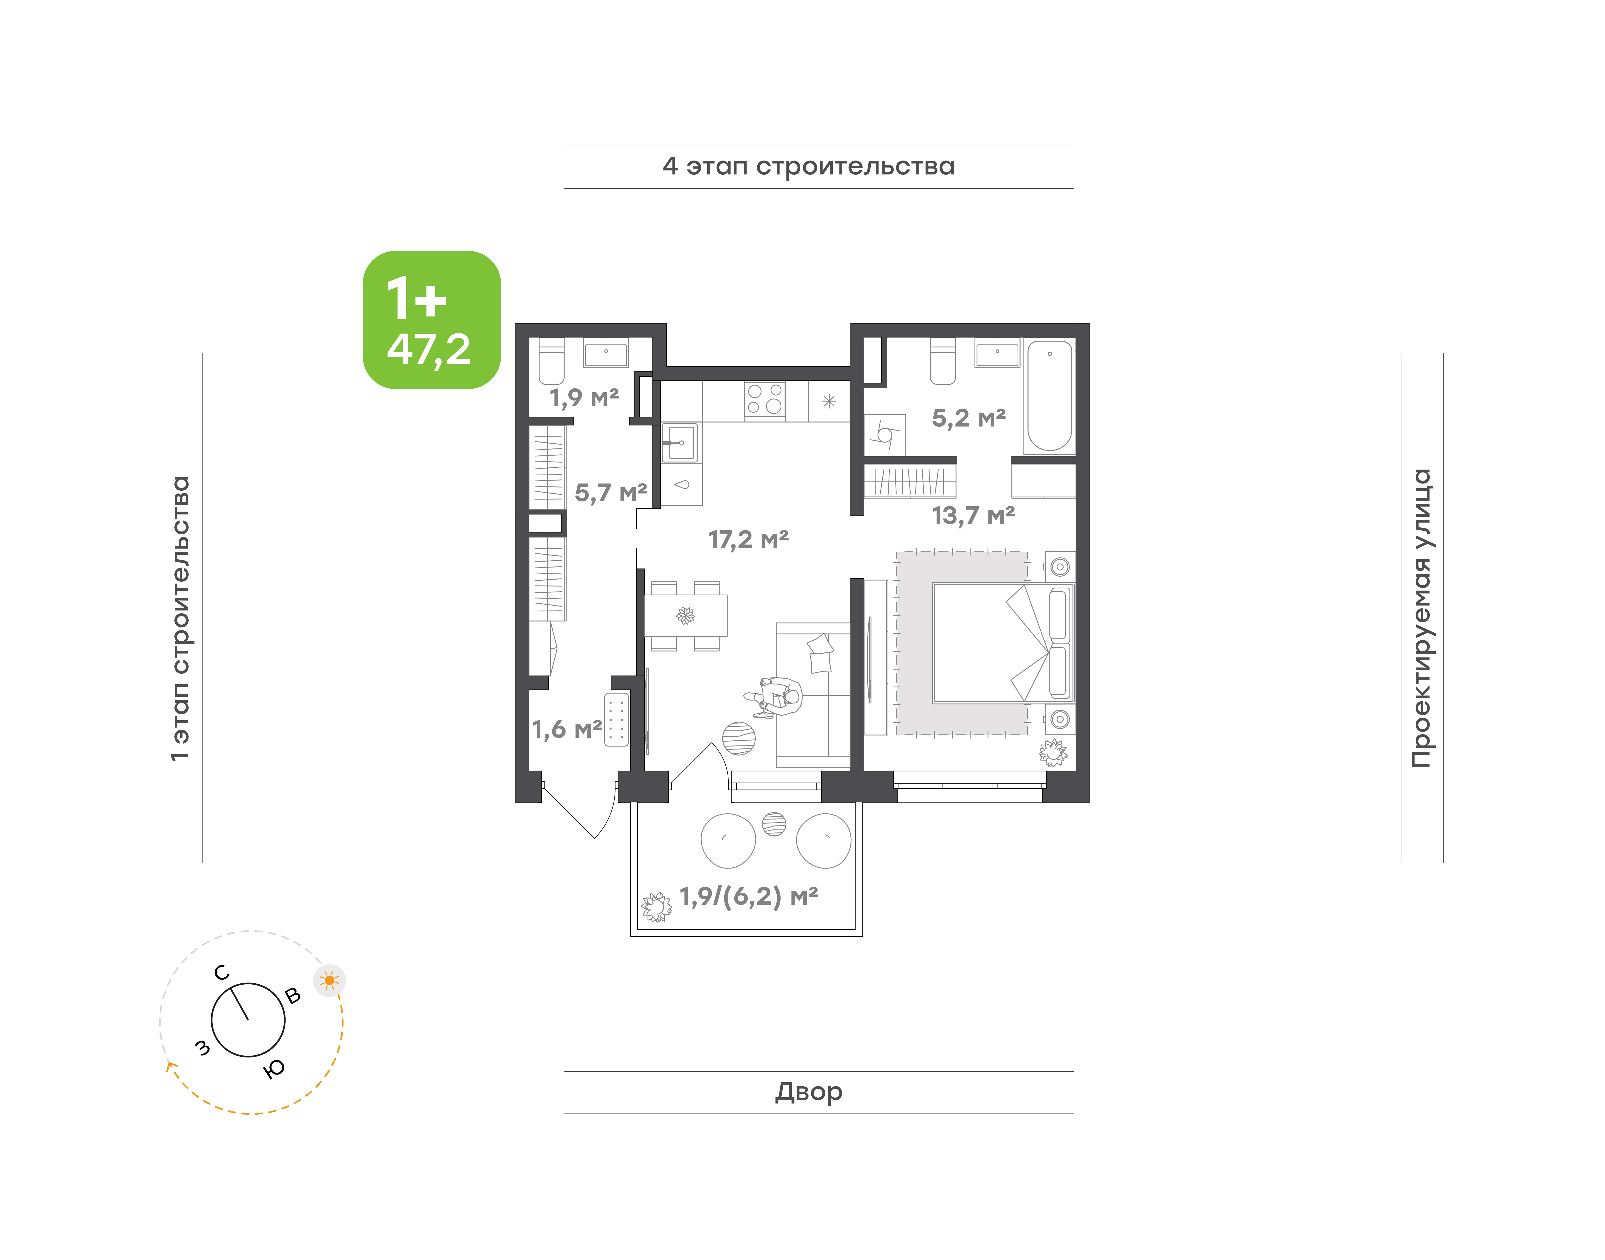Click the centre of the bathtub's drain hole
(x=1050, y=354)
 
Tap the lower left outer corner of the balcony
(x=631, y=936)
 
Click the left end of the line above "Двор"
(x=565, y=1071)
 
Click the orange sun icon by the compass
(x=330, y=980)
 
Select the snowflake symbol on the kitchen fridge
(x=829, y=401)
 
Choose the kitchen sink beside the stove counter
(x=679, y=443)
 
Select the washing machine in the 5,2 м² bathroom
(x=884, y=435)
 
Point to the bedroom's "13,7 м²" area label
(x=973, y=515)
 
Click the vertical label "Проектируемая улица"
(x=1421, y=618)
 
